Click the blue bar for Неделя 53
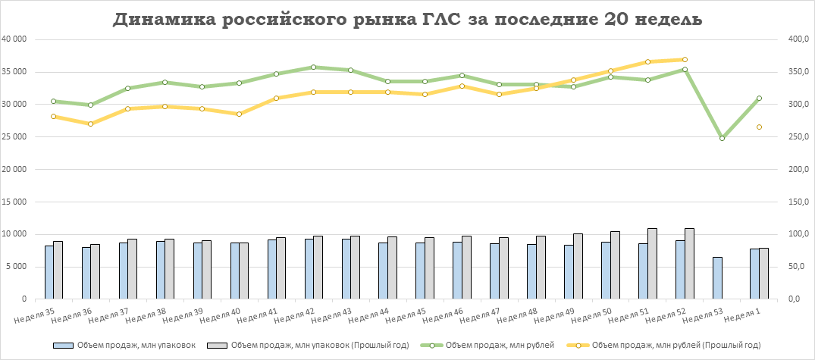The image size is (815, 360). (x=717, y=278)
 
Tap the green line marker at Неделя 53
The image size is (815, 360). (x=722, y=138)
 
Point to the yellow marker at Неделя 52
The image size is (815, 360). (x=685, y=59)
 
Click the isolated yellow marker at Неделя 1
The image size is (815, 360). (x=758, y=127)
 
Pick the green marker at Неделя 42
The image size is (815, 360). (x=313, y=67)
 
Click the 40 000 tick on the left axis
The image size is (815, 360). (x=17, y=39)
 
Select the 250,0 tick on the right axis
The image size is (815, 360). (x=801, y=137)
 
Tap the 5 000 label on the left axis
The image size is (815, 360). (x=20, y=267)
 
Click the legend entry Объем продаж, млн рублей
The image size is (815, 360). (x=500, y=346)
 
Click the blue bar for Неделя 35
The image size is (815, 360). (x=49, y=272)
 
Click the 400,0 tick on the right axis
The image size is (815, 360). (x=801, y=39)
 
